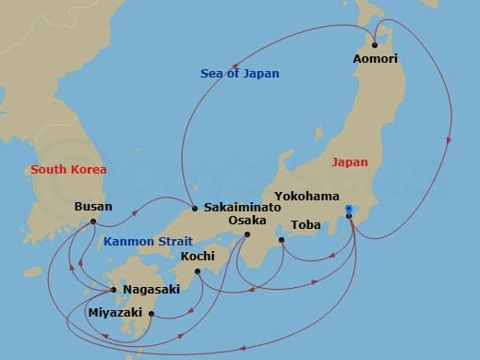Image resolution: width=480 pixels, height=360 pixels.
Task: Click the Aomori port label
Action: coord(375,58)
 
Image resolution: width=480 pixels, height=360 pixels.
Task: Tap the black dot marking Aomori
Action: coord(375,44)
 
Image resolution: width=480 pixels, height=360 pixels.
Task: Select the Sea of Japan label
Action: coord(240,73)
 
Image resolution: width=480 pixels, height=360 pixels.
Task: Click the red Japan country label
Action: coord(350,162)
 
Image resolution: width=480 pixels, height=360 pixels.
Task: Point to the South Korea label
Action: coord(68,169)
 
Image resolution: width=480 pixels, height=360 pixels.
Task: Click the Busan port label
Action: coord(93,206)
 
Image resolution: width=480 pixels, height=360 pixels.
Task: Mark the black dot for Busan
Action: coord(93,221)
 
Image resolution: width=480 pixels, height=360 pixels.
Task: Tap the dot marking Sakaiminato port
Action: coord(194,208)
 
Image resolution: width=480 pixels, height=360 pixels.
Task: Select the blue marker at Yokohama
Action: coord(348,210)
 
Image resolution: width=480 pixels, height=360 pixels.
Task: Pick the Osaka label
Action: coord(247,221)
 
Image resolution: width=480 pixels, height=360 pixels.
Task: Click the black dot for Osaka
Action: coord(247,234)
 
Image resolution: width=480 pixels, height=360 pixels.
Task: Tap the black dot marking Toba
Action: coord(282,239)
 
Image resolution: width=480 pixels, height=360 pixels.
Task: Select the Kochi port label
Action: coord(198,256)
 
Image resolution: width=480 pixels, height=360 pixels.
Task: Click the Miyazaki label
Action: coord(114,313)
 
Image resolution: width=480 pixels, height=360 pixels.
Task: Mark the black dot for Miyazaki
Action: coord(150,314)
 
